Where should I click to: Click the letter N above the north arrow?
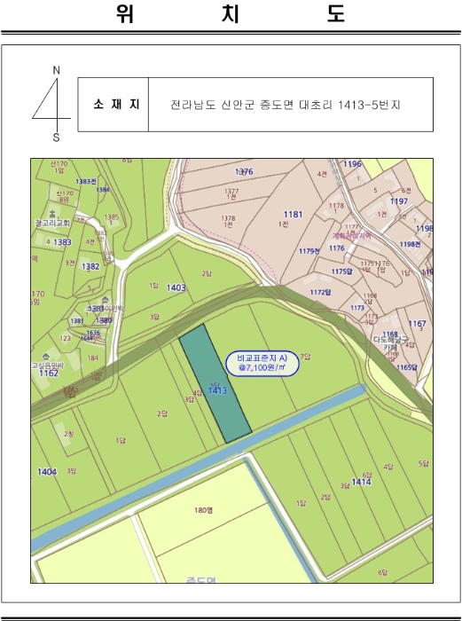57,69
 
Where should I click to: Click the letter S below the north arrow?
57,138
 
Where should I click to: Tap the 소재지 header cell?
113,105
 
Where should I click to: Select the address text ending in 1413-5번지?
286,105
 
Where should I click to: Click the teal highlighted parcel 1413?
215,383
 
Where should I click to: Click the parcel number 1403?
176,287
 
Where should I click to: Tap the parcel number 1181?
293,215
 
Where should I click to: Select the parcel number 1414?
360,482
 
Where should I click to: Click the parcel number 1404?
47,472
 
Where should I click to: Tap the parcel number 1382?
90,266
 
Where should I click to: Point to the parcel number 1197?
399,202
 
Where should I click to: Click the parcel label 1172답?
320,292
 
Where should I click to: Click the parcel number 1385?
111,217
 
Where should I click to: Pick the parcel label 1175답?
341,271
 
